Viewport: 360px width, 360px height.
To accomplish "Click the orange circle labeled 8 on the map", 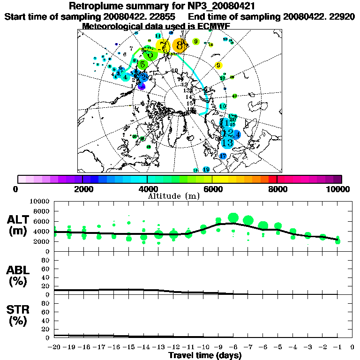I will click(180, 45).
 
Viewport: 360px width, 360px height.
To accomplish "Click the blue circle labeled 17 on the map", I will click(223, 156).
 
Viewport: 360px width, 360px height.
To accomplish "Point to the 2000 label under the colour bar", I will click(82, 189).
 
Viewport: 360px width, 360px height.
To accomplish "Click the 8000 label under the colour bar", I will click(277, 189).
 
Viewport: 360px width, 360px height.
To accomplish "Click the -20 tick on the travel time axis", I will click(54, 347).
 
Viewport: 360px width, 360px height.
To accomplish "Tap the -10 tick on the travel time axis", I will click(203, 347).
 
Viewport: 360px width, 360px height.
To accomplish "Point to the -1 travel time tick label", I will click(337, 347).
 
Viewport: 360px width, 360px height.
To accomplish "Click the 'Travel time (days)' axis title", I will click(205, 356).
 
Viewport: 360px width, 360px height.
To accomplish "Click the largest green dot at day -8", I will click(233, 217).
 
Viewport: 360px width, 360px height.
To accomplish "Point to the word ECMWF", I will click(214, 26).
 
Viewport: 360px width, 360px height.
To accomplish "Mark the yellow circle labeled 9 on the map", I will click(218, 66).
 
